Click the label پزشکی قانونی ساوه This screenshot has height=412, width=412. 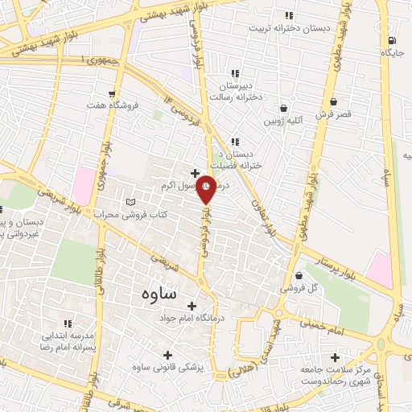(168, 368)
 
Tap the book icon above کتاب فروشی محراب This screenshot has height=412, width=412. (132, 201)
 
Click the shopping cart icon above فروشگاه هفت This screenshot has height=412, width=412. (112, 93)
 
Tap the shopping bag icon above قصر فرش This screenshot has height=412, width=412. (334, 101)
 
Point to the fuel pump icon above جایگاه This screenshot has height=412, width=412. (391, 40)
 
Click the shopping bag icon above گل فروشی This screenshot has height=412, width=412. (299, 274)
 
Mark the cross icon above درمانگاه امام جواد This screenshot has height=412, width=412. (192, 306)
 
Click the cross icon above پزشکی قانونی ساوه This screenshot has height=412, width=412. (167, 354)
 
